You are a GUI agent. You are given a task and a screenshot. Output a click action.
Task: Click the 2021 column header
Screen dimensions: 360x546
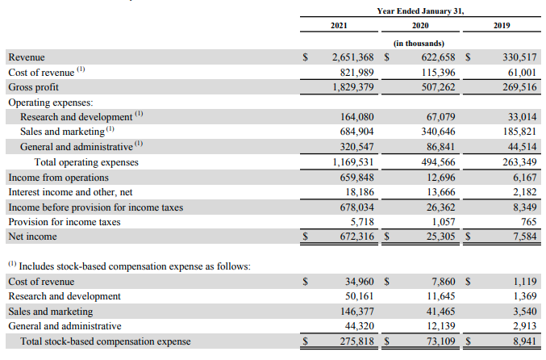339,27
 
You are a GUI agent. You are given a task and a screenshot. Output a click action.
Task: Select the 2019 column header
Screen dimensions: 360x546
501,27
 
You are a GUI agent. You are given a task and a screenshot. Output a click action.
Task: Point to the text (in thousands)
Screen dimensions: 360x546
419,43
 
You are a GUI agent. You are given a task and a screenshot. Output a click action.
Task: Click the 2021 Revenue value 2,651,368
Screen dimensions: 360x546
352,58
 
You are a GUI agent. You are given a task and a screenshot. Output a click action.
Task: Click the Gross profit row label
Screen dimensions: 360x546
33,87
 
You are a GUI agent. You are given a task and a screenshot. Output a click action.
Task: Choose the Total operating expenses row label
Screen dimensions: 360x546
85,162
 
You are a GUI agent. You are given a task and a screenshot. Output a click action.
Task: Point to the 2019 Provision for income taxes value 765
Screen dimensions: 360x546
527,222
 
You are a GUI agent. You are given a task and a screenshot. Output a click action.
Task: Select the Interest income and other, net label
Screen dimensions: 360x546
71,192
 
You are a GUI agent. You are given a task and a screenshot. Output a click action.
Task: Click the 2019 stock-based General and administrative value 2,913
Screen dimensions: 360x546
523,326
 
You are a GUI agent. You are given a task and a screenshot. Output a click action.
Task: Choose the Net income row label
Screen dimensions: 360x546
31,237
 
